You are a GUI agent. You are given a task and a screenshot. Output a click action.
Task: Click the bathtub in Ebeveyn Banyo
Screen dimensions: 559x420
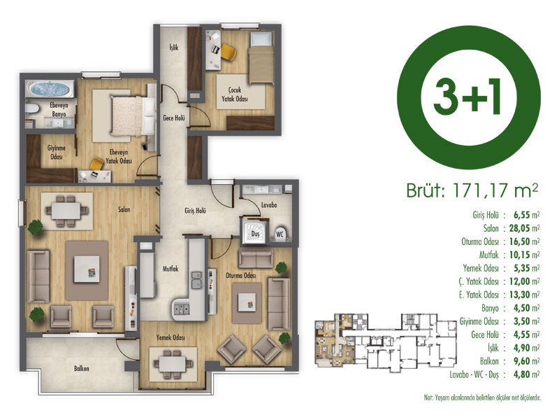pos(50,89)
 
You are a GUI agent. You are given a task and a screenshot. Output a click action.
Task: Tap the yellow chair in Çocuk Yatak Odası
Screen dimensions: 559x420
pos(228,52)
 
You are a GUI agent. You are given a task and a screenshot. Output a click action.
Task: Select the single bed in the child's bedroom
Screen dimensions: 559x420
pos(261,58)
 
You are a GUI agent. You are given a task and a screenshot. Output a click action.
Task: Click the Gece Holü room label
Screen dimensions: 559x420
pos(174,118)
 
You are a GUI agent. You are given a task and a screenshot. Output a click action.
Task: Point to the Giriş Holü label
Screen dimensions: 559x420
pos(195,211)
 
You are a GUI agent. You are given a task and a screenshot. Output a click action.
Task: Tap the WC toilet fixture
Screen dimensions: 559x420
pos(280,234)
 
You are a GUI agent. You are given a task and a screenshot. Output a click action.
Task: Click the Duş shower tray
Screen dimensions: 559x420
pos(254,233)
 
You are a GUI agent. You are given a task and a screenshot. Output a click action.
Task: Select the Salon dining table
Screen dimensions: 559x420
pos(66,211)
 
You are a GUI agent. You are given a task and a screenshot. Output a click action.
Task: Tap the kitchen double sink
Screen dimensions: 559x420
pos(196,279)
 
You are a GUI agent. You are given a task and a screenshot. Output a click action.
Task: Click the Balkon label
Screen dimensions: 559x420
pos(81,368)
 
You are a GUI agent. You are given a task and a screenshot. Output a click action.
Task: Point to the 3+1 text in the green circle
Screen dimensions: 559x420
pos(467,97)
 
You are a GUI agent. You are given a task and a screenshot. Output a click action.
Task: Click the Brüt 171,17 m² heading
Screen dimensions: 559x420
pos(472,190)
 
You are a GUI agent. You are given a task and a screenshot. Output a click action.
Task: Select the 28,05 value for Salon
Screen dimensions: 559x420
pos(519,228)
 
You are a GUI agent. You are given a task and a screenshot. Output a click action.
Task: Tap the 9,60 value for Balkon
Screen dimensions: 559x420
pos(522,361)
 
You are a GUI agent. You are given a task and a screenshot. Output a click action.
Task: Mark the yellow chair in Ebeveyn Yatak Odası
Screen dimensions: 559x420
pos(96,164)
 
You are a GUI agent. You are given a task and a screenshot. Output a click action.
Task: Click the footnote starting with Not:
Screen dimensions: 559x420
pos(482,398)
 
